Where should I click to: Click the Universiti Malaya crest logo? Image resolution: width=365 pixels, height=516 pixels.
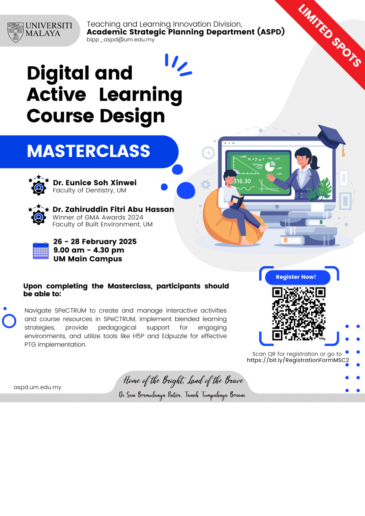(15, 32)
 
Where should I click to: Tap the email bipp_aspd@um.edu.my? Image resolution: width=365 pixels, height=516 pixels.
(121, 40)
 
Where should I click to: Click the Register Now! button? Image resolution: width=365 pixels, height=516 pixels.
(297, 277)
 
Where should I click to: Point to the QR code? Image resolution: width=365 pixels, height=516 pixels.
(299, 314)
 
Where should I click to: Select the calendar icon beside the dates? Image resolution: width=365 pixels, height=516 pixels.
(41, 251)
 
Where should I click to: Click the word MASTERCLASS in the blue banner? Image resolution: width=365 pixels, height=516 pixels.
(89, 151)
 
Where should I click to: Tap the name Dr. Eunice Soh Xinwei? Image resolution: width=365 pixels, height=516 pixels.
(95, 183)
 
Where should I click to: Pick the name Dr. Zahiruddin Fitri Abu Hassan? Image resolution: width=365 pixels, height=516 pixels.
(113, 209)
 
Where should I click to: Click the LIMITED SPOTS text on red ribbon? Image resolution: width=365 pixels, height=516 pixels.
(330, 36)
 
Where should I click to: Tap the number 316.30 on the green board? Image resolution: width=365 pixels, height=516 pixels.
(242, 181)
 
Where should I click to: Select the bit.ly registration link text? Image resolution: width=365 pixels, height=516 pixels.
(298, 360)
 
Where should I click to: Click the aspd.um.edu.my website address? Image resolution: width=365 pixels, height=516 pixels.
(37, 387)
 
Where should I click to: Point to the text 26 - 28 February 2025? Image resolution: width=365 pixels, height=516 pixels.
(95, 241)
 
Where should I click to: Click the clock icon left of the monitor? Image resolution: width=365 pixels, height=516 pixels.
(208, 153)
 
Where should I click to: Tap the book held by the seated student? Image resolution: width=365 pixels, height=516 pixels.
(237, 202)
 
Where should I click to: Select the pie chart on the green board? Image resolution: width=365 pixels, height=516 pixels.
(270, 166)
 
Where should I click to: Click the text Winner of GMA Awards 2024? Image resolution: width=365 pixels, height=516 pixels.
(98, 217)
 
